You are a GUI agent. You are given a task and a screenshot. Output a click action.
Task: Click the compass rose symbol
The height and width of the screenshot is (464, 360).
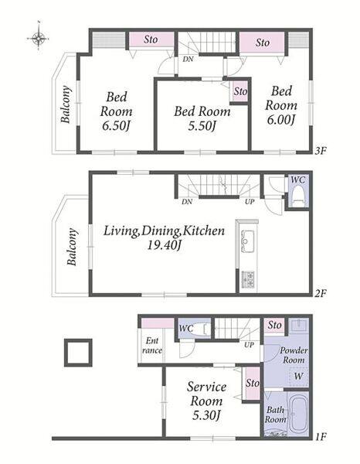coord(39,38)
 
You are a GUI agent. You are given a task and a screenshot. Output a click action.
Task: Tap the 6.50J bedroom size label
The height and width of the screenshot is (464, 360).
coord(116,126)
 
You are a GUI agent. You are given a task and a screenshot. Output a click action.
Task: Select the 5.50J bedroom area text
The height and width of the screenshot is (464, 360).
coord(202,126)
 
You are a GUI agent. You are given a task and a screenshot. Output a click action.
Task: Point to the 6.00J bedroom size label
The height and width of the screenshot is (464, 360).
coord(281,120)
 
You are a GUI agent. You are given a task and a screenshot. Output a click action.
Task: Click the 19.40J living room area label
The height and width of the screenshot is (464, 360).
coord(164,245)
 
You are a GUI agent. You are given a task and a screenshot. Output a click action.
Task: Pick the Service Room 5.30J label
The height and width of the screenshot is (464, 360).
coord(206,401)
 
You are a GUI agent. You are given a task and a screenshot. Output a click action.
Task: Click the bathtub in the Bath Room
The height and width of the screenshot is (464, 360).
coord(298,414)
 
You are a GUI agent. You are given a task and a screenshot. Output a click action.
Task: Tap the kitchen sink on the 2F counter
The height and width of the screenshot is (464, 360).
coord(247,241)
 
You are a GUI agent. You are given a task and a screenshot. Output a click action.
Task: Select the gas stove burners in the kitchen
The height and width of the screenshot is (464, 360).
coord(248,279)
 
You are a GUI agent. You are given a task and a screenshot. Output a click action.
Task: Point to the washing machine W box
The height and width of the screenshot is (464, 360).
coord(298,377)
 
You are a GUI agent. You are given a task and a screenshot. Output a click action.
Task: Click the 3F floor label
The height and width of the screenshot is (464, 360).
coord(320,151)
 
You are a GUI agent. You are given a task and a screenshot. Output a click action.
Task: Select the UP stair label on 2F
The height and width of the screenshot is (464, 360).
coord(250,202)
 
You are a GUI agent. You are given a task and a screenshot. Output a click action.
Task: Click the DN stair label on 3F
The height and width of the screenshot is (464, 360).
coord(188,60)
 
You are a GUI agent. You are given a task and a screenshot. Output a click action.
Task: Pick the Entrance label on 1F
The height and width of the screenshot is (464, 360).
coord(152,346)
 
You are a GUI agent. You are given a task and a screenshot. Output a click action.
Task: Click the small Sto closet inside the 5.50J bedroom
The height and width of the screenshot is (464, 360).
coord(239,91)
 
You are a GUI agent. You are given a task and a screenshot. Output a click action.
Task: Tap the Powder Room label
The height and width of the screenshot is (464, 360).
coord(294,355)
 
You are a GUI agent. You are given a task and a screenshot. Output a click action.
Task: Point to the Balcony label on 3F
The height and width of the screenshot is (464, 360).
coord(66,104)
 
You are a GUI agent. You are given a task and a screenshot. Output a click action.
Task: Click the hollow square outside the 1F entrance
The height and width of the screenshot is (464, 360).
coord(78,353)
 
